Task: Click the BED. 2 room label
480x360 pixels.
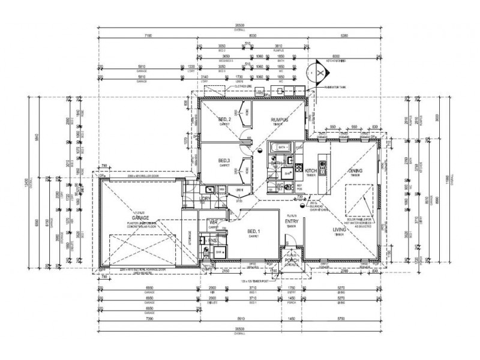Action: tap(224, 121)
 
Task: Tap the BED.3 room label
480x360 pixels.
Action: tap(224, 161)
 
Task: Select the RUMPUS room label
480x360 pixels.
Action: tap(280, 121)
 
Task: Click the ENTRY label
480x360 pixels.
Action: tap(292, 221)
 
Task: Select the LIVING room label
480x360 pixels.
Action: tap(341, 229)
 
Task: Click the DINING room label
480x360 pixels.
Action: tap(355, 171)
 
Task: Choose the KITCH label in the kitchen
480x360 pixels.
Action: tap(311, 172)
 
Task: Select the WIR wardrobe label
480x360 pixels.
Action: tap(212, 222)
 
